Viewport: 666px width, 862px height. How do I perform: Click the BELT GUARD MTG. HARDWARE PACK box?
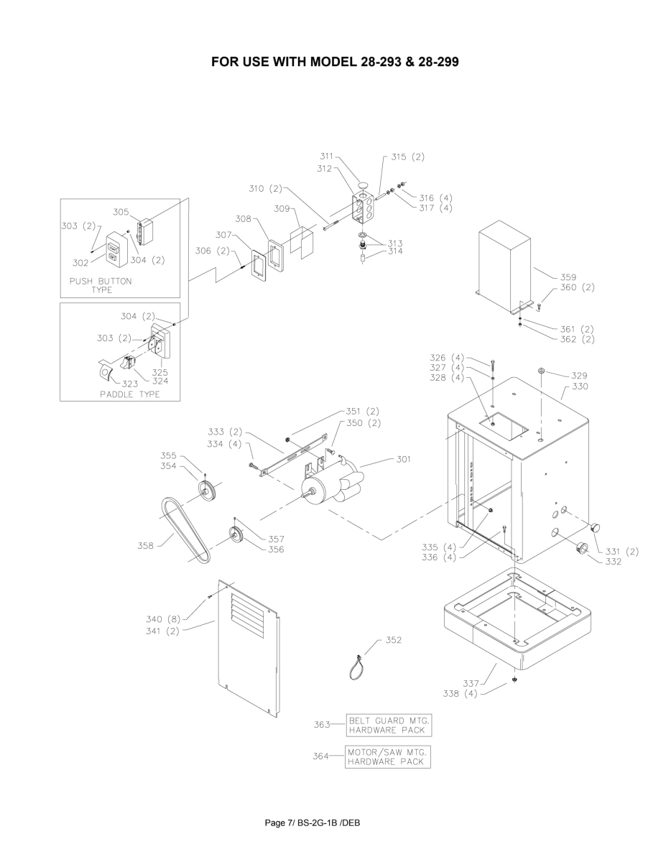[389, 725]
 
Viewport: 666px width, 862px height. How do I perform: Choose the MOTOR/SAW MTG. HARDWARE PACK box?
[387, 756]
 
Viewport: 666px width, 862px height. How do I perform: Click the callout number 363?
[322, 725]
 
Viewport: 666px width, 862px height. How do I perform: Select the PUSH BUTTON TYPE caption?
[101, 285]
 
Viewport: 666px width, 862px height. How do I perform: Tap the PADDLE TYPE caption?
[129, 394]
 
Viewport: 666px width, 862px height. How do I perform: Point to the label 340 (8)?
[165, 619]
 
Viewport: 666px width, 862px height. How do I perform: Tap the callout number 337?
[471, 684]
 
